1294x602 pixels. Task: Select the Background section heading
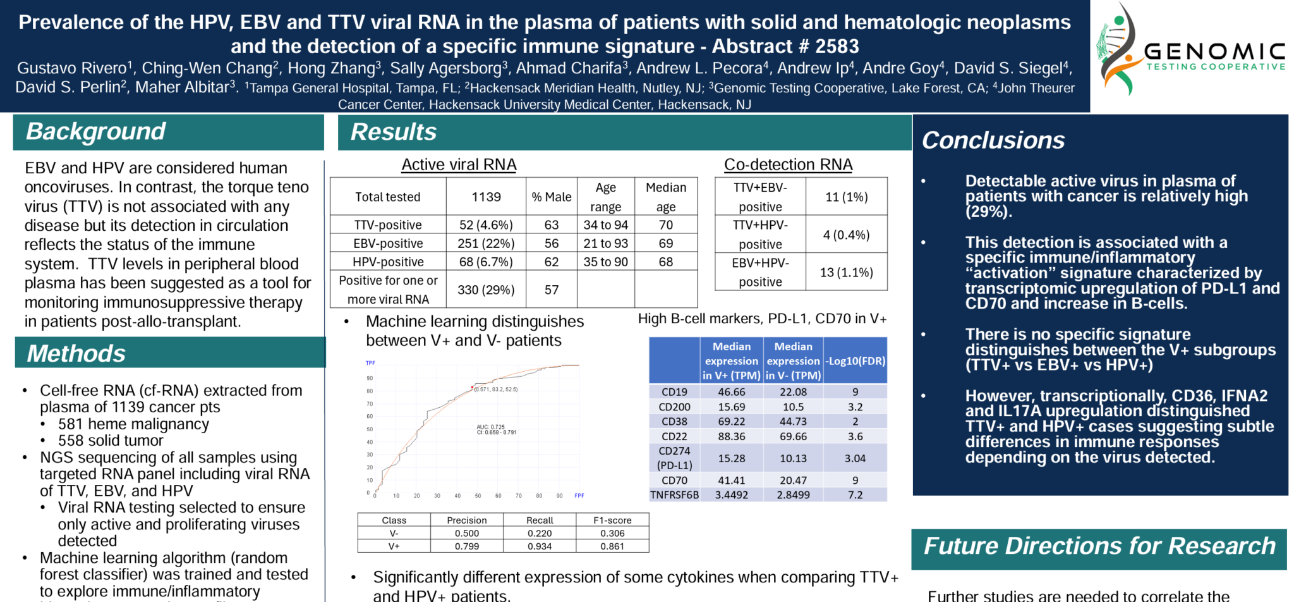[95, 132]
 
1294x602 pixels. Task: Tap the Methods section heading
[76, 353]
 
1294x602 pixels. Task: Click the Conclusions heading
[993, 140]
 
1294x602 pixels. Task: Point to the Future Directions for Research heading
[1099, 546]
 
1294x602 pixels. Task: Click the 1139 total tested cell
[486, 197]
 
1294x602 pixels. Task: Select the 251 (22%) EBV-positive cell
[486, 243]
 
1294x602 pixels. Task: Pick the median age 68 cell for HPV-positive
[666, 262]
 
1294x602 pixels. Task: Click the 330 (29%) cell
[486, 290]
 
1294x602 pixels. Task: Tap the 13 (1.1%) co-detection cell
[846, 273]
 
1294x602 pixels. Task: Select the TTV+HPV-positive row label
[760, 235]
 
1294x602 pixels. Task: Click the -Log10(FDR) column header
[855, 361]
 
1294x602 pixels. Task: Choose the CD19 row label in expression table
[674, 392]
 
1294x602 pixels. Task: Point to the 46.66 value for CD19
[731, 392]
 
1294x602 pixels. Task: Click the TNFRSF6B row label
[674, 495]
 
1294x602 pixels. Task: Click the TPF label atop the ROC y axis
[370, 363]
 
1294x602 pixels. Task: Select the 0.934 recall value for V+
[540, 546]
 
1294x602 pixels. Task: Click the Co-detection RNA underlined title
[788, 164]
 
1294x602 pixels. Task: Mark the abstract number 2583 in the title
[837, 46]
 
